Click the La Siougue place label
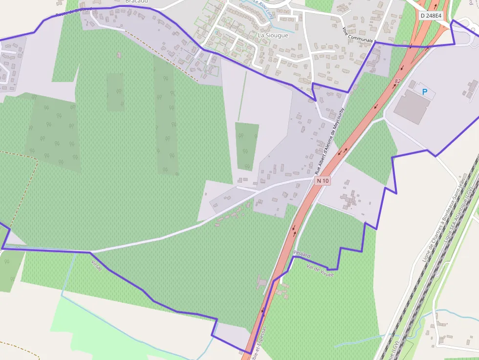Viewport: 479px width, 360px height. point(273,35)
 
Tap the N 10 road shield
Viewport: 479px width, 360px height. point(323,181)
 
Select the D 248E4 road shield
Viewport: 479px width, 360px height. point(431,15)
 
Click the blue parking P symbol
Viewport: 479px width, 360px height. point(424,91)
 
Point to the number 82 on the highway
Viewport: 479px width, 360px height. point(397,81)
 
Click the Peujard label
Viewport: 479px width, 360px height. point(302,254)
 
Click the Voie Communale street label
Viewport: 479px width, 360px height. point(359,34)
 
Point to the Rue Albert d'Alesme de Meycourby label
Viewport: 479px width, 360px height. point(329,142)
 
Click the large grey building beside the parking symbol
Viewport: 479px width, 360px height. point(411,107)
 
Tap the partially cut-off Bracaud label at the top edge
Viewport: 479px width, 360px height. point(136,1)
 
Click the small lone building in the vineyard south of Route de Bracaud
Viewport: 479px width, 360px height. point(119,55)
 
